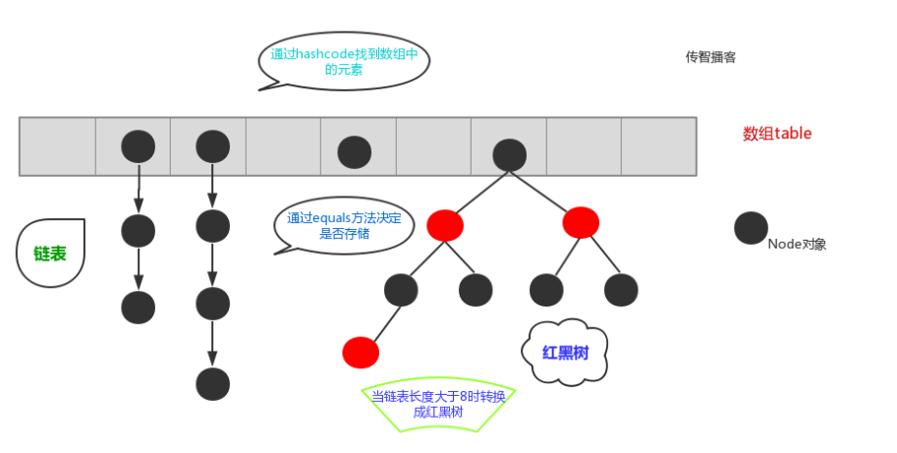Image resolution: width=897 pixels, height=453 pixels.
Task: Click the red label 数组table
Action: (777, 134)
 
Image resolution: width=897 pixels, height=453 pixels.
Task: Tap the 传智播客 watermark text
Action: (710, 57)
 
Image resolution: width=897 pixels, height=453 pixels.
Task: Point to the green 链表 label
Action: (50, 254)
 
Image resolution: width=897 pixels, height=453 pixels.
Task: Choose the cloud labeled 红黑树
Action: (565, 352)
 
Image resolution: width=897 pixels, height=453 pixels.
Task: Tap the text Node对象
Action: (797, 244)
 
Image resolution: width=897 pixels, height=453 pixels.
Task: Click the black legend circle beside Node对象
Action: (751, 228)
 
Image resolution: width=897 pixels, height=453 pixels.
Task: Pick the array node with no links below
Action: (354, 152)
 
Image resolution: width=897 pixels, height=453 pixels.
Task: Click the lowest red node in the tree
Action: (361, 351)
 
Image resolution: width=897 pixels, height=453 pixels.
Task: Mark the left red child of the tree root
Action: (445, 225)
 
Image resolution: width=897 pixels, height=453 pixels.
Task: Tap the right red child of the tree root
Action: (581, 222)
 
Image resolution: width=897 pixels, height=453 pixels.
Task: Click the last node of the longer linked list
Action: (212, 383)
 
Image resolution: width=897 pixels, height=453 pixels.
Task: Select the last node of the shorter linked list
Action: (139, 307)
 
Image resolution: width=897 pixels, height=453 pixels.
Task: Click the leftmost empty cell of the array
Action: (57, 146)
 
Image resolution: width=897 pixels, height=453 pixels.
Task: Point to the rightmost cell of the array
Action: (658, 146)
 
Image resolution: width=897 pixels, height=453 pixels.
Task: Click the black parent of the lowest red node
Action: (401, 290)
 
